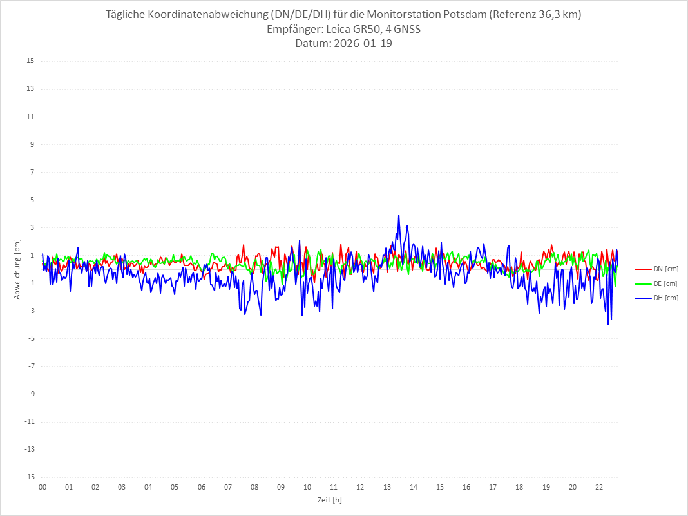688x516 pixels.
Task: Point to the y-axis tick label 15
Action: point(30,61)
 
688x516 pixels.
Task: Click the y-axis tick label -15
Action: point(28,477)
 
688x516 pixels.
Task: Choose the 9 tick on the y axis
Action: point(31,144)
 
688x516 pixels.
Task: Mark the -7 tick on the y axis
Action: point(30,366)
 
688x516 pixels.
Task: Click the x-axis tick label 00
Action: point(43,487)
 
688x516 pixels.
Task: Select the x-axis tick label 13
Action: point(387,487)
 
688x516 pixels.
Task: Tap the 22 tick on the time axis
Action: point(599,487)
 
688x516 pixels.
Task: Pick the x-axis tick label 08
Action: point(254,487)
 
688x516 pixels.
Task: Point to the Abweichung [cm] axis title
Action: point(17,269)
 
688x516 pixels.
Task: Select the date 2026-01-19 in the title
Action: point(362,44)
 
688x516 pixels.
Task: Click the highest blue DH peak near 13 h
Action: point(399,215)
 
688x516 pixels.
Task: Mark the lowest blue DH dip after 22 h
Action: point(608,324)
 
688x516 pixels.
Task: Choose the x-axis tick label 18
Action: point(519,487)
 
